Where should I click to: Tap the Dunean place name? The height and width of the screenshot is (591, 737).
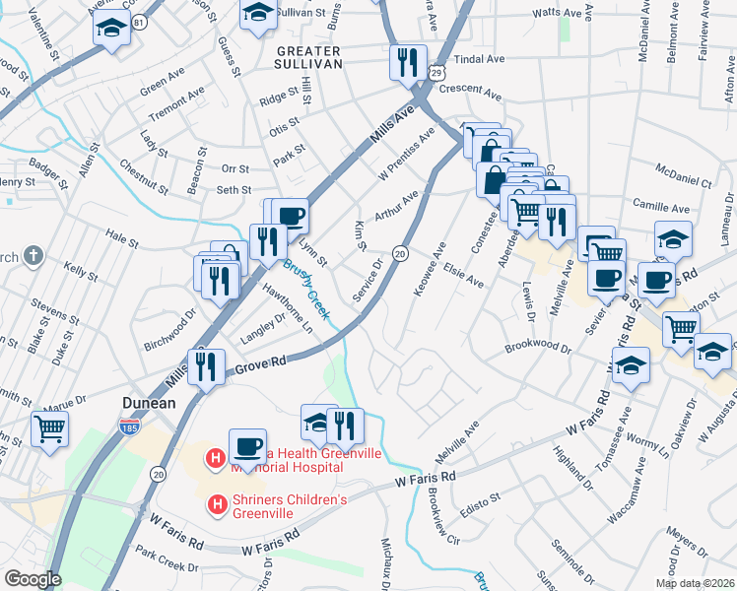148,403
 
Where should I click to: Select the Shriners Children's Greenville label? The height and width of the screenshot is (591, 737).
291,506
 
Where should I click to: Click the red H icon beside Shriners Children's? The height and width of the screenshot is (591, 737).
217,505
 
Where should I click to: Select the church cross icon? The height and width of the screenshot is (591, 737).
33,257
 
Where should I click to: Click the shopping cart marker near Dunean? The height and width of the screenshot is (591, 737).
50,428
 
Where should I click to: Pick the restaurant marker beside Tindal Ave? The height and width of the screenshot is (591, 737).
407,63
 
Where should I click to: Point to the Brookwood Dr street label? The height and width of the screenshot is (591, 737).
537,348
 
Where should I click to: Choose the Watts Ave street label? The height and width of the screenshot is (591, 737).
557,14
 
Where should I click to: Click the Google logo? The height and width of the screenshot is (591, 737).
32,579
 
